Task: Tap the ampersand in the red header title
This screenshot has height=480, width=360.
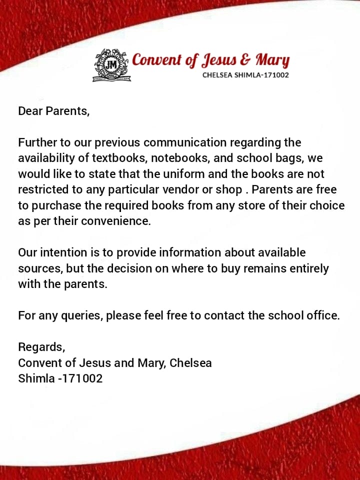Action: click(x=245, y=60)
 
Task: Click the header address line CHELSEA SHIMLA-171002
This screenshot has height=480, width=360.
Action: click(x=245, y=75)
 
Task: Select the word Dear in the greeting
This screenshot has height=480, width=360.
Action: click(x=30, y=111)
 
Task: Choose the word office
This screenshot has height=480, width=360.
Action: click(x=322, y=316)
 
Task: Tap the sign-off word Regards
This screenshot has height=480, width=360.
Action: click(x=41, y=347)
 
